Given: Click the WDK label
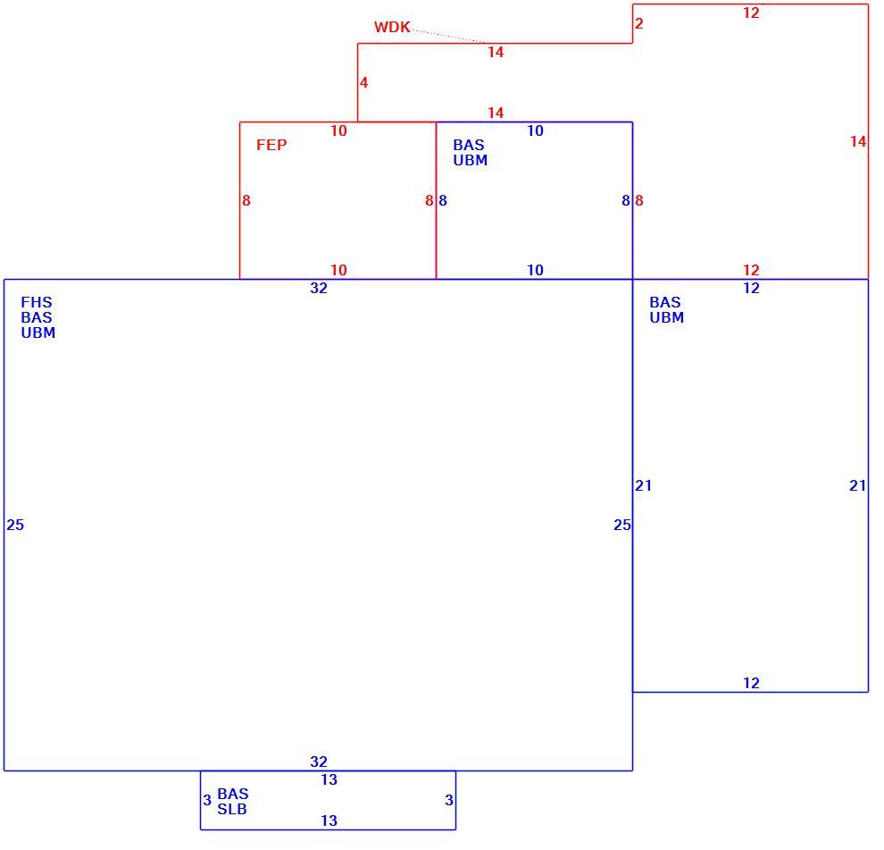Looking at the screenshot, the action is pos(392,27).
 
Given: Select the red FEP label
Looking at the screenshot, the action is pos(271,145).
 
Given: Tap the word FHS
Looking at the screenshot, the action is pos(36,302).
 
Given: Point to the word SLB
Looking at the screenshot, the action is pos(231,810).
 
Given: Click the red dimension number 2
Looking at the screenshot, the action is pos(638,24).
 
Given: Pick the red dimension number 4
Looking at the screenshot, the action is pos(363,83).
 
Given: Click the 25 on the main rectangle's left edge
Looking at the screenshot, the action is pos(15,526).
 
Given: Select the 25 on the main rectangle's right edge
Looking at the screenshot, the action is pos(621,526).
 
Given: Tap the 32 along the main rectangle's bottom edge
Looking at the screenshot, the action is pos(319,762).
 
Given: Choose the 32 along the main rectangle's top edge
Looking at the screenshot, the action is pos(319,289).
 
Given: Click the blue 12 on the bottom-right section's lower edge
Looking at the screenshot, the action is pos(751,684).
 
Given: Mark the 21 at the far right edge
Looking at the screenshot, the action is pos(857,485).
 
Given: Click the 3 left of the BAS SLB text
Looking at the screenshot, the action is pos(207,800).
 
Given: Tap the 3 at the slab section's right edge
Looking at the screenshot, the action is pos(449,800).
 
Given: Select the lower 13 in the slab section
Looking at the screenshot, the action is pos(329,821).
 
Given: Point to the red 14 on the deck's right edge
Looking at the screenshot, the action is pos(858,141).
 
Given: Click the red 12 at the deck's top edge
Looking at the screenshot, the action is pos(751,13).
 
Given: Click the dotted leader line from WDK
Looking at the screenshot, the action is pos(448,35).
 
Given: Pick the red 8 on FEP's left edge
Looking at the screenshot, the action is pos(246,201).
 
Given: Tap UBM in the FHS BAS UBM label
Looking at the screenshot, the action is pos(38,333).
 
